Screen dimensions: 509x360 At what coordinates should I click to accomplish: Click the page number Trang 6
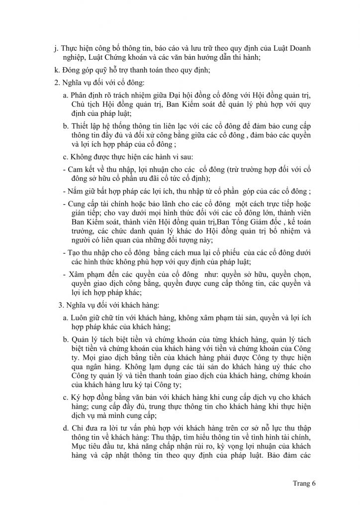coord(304,482)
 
